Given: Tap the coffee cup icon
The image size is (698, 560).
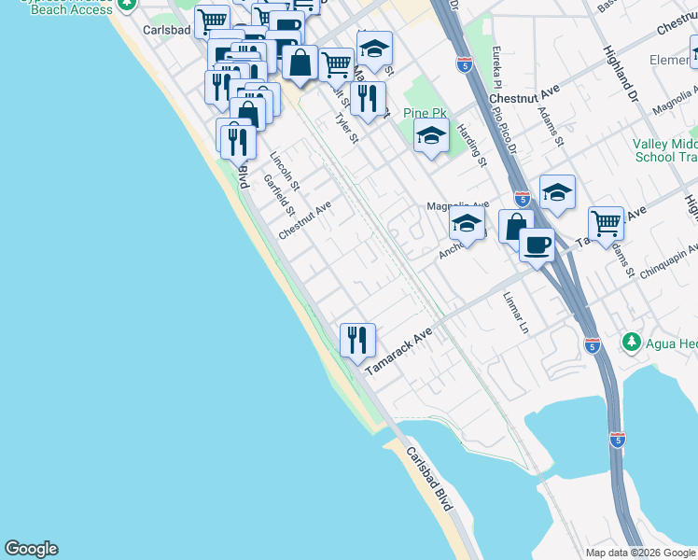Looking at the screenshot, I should tap(537, 245).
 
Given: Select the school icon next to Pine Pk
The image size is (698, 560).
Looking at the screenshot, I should tap(430, 137).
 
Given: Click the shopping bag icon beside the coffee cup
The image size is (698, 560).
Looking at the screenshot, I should tap(516, 227).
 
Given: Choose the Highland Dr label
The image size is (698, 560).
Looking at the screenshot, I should tap(621, 75).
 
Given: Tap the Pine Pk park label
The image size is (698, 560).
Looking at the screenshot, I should tap(425, 113).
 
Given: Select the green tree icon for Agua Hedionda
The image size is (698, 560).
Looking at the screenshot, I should tap(633, 343).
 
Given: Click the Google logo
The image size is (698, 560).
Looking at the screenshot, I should tap(31, 549).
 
